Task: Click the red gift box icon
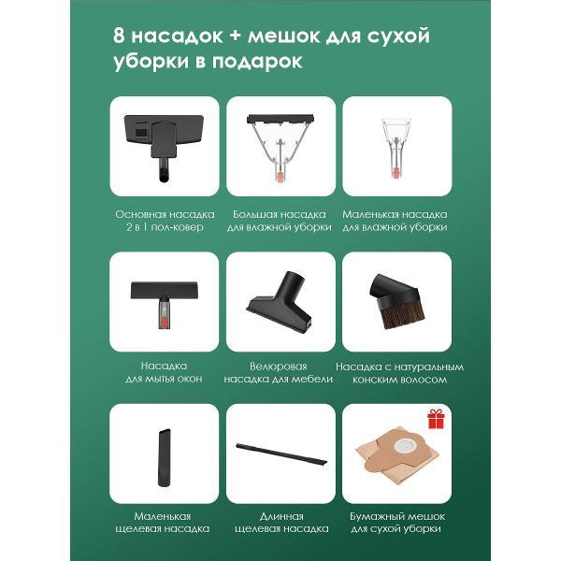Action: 436,419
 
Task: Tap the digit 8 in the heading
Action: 119,36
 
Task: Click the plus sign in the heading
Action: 235,36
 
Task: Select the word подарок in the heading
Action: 257,61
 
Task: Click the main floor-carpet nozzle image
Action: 164,146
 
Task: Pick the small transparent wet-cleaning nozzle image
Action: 396,148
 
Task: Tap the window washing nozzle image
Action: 165,304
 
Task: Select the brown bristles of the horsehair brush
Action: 403,315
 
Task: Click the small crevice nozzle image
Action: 165,457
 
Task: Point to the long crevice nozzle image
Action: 281,454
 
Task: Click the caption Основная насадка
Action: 165,214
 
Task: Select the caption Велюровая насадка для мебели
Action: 279,373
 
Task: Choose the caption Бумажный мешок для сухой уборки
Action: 397,523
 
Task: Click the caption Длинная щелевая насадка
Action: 281,523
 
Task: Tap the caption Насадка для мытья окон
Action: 164,372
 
